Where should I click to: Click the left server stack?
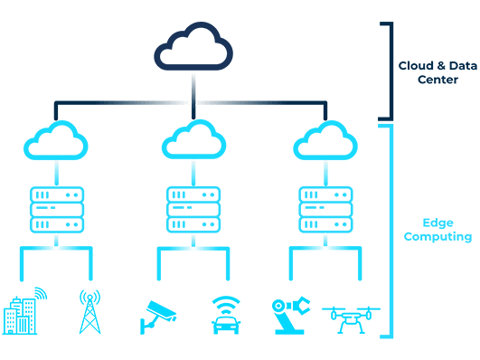(x=56, y=209)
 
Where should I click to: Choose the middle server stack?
(x=193, y=209)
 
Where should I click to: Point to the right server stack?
(x=325, y=209)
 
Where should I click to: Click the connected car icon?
(x=226, y=321)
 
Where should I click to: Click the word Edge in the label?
(x=438, y=222)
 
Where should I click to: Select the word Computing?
(x=438, y=237)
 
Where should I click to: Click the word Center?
(x=438, y=80)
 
